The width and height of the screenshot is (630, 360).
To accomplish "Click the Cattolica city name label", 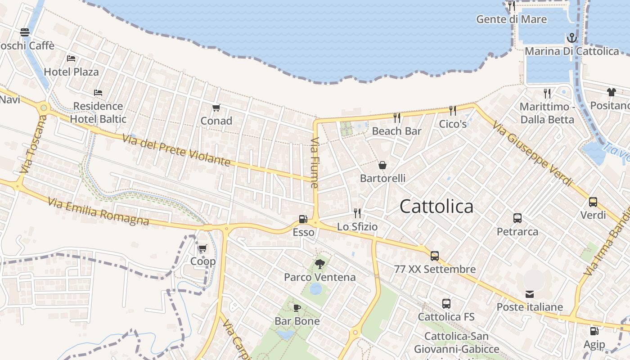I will (x=436, y=207).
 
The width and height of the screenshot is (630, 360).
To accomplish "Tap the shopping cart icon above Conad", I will (x=216, y=108).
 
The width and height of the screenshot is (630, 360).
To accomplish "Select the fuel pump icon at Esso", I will (x=303, y=219).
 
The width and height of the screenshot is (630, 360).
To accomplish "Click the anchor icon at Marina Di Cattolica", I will (x=571, y=37).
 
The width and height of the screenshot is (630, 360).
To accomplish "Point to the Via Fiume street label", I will (x=315, y=162).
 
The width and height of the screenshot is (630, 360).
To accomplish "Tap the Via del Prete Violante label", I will (x=176, y=150).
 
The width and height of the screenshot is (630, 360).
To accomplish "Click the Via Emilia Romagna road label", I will (x=98, y=212).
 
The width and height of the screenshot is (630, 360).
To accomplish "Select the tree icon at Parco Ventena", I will (x=320, y=264).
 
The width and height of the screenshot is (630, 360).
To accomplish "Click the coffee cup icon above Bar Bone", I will (x=297, y=308).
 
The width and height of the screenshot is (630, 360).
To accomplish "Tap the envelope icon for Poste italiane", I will (x=530, y=294).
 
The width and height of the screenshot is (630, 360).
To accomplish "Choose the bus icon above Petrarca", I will (x=517, y=218).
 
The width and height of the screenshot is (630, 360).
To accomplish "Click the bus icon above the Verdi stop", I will (x=593, y=202).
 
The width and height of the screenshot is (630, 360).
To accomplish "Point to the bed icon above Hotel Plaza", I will (x=71, y=58).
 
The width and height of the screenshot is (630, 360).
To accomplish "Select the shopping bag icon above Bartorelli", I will (x=382, y=165).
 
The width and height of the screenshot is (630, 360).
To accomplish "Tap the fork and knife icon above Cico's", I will (x=453, y=110).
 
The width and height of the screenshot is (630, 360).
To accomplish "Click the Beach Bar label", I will (x=396, y=131).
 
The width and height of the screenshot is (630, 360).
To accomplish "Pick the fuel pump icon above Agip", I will (x=594, y=331).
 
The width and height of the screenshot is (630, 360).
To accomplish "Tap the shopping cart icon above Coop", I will (x=203, y=248).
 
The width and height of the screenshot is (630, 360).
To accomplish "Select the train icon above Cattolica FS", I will (x=446, y=304).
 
